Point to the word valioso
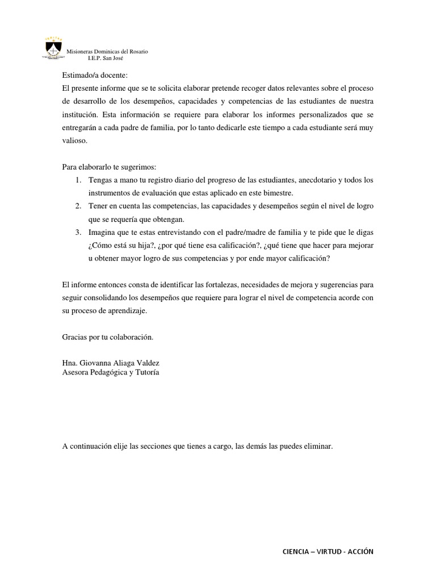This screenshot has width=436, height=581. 74,140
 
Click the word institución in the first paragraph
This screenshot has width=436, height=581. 79,115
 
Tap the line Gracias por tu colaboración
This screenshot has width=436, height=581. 108,336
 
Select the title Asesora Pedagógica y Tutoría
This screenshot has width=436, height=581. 111,372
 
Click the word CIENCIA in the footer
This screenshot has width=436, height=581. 296,551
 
